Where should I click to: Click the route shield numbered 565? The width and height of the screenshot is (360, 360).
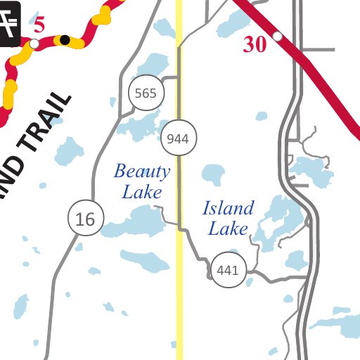[x=147, y=94]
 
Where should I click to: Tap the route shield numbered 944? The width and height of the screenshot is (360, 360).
[x=179, y=139]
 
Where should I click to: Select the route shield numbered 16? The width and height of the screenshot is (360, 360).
[x=86, y=219]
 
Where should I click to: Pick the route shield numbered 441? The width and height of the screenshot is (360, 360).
[x=229, y=270]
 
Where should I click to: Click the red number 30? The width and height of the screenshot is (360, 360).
[x=255, y=45]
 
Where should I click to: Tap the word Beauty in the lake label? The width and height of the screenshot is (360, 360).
[x=142, y=171]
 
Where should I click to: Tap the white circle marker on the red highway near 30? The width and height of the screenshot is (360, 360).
[x=278, y=35]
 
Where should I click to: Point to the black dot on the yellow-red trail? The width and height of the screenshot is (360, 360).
[x=65, y=39]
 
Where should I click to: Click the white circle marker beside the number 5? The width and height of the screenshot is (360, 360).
[x=34, y=44]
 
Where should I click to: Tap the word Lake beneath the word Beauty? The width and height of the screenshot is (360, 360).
[x=142, y=191]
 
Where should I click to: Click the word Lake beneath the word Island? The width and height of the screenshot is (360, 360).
[x=228, y=229]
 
